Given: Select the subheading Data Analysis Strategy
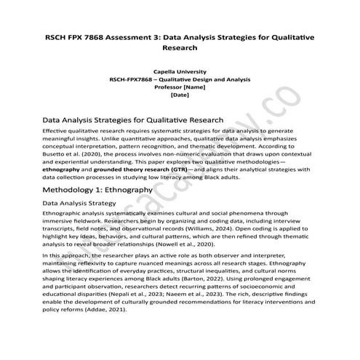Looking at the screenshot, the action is pyautogui.click(x=80, y=203).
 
